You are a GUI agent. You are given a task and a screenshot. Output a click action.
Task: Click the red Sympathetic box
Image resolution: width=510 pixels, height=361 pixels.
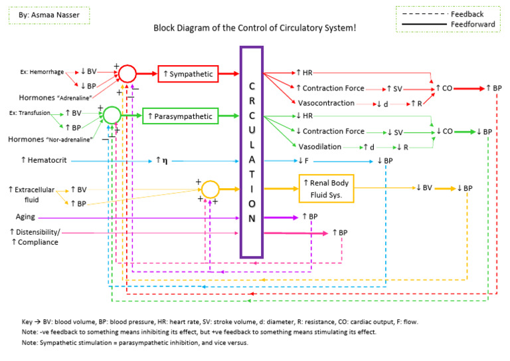click(187, 73)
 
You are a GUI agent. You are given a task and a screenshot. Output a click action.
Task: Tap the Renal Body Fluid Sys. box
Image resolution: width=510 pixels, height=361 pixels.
click(326, 188)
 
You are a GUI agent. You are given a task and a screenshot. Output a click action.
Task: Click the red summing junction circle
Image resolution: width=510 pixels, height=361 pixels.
click(127, 73)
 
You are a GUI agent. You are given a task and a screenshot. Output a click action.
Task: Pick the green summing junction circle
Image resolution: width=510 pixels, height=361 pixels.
click(112, 115)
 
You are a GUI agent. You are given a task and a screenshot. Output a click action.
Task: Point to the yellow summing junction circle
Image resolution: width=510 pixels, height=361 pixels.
click(210, 189)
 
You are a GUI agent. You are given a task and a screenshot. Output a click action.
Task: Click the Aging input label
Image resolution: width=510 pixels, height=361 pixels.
click(26, 217)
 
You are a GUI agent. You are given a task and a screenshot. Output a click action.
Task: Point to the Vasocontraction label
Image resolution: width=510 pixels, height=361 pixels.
click(325, 103)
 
